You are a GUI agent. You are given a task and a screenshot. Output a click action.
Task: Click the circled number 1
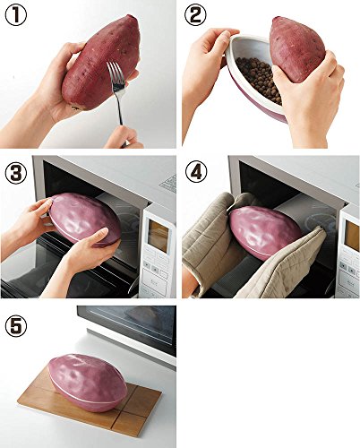pyautogui.click(x=15, y=16)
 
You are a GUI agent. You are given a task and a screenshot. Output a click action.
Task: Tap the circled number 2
pyautogui.click(x=196, y=16)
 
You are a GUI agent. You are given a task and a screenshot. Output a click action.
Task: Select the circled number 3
pyautogui.click(x=15, y=173)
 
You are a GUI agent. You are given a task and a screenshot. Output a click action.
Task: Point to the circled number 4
pyautogui.click(x=196, y=173)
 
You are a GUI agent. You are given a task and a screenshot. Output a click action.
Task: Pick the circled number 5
pyautogui.click(x=15, y=326)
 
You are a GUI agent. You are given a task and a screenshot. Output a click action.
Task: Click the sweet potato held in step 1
pyautogui.click(x=101, y=62)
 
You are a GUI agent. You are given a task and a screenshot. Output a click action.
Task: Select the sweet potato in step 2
pyautogui.click(x=297, y=48)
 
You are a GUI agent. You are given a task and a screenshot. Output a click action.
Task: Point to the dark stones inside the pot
pyautogui.click(x=259, y=78)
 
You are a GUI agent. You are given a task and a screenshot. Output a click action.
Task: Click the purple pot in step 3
pyautogui.click(x=85, y=220)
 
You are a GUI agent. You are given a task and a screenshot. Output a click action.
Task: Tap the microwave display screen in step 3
pyautogui.click(x=159, y=236)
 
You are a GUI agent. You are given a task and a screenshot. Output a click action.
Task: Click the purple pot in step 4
pyautogui.click(x=265, y=232)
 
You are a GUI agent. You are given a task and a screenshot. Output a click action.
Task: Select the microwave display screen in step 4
pyautogui.click(x=352, y=236)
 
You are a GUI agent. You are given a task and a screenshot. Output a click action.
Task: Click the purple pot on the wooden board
pyautogui.click(x=88, y=383)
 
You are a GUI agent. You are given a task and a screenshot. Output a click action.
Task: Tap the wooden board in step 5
pyautogui.click(x=90, y=401)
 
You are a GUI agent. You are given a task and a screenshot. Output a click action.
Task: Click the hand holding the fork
pyautogui.click(x=123, y=137)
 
